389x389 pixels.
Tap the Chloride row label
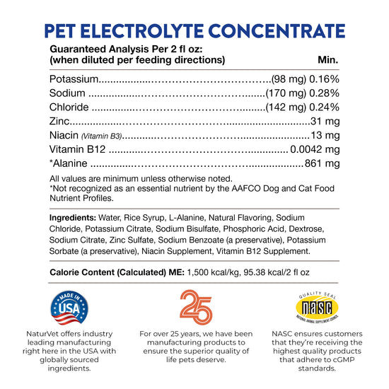69,107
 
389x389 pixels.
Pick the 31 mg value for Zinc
326,121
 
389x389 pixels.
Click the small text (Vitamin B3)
100,136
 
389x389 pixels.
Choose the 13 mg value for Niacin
326,135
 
